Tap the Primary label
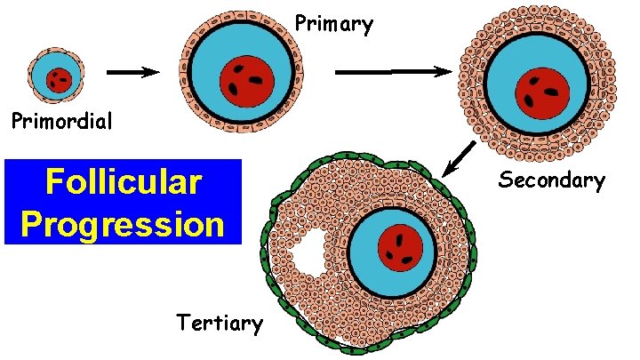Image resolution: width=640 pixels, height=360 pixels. click(333, 24)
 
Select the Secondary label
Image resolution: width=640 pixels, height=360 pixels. click(551, 180)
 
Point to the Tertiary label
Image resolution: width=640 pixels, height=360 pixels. click(220, 323)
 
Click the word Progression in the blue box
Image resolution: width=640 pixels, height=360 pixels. click(123, 224)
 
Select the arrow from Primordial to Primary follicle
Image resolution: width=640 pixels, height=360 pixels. click(132, 74)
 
